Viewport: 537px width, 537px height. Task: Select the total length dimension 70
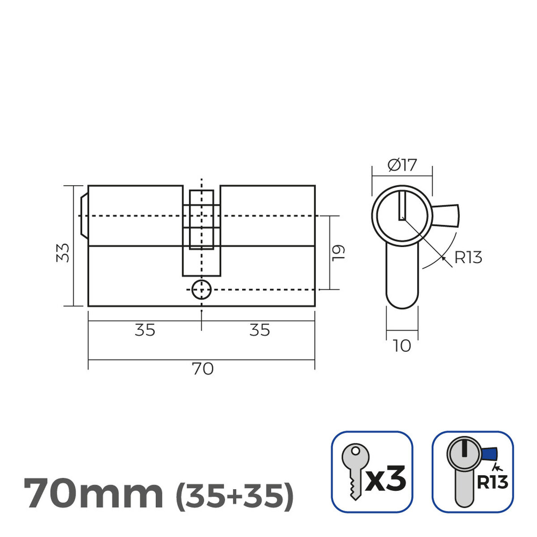(x=202, y=369)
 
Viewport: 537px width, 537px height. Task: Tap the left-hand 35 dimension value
(x=145, y=330)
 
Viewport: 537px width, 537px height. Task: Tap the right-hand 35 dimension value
(x=260, y=330)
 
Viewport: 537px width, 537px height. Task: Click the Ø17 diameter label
(x=402, y=166)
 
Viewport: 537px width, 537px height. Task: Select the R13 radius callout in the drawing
(x=468, y=258)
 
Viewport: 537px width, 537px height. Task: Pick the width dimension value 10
(x=402, y=346)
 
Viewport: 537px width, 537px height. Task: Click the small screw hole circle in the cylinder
(x=201, y=290)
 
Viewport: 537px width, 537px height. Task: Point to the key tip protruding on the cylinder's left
(x=83, y=216)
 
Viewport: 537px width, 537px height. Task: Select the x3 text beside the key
(x=386, y=478)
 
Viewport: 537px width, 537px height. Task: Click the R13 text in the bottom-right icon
(x=492, y=482)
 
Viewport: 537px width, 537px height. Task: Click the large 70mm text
(x=93, y=494)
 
